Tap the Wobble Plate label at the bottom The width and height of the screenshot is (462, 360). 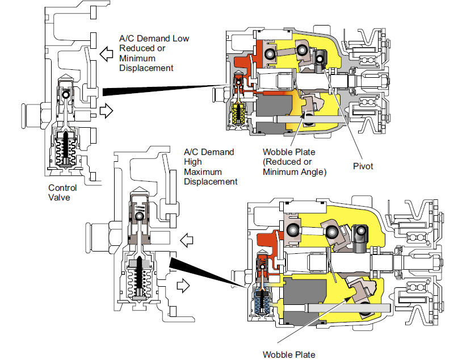point(289,354)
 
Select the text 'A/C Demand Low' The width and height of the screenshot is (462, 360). point(154,39)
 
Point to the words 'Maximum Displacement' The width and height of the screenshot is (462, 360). point(211,177)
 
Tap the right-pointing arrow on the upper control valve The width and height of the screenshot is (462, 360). point(106,111)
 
